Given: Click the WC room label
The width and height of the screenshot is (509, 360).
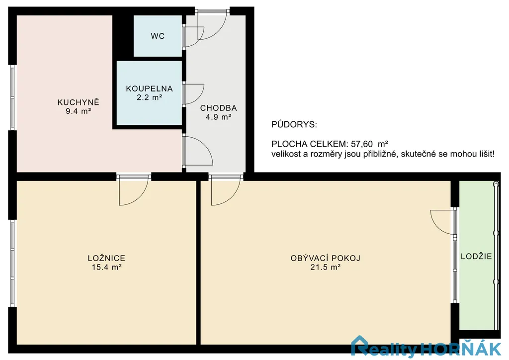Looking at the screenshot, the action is (158, 36).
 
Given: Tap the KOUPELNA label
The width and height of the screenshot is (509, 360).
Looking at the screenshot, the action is (149, 89).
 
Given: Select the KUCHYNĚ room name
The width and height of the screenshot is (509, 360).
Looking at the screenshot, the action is (78, 102).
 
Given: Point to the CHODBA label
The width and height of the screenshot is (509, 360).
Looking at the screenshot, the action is (219, 108).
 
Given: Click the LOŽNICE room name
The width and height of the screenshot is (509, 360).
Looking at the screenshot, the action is (106, 258).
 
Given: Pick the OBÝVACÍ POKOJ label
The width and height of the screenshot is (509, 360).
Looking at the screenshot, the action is (326, 258).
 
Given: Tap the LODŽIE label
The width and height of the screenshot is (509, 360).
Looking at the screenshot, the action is (476, 256).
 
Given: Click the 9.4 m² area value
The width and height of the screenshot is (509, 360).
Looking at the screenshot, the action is (78, 111).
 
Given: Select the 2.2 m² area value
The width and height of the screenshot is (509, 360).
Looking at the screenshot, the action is (149, 97).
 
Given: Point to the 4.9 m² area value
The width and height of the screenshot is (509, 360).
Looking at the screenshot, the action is (219, 117).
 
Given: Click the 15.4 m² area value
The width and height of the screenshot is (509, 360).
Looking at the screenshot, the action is (106, 267).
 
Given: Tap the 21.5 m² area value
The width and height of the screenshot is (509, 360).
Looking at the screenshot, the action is (326, 267).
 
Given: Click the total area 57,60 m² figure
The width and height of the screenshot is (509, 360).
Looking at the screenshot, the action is (369, 144).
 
